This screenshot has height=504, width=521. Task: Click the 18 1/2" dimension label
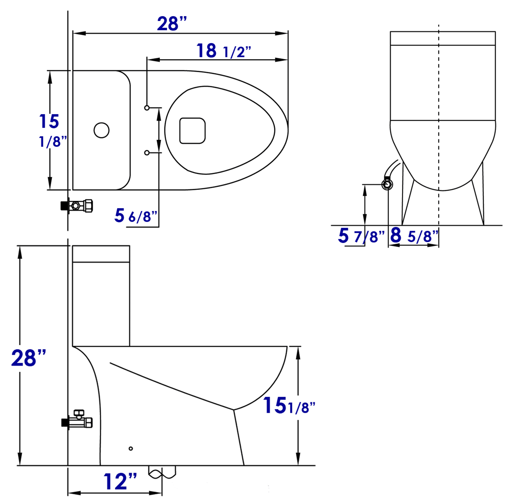[x=223, y=51]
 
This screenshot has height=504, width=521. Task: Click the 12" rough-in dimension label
[x=120, y=482]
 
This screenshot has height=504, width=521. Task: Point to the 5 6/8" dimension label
[x=136, y=216]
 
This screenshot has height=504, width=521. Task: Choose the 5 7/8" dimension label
[x=361, y=236]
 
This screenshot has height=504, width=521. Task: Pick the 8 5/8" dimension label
[x=414, y=235]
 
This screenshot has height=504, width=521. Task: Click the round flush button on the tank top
[x=102, y=130]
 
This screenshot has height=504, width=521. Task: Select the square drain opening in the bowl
[x=192, y=131]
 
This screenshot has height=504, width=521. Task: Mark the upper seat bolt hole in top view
[x=147, y=108]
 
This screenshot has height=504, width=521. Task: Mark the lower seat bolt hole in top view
[x=147, y=153]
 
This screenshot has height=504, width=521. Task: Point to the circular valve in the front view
[x=387, y=185]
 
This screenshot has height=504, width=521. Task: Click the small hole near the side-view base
[x=131, y=448]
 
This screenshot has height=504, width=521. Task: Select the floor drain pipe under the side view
[x=162, y=472]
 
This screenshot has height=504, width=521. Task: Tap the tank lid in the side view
[x=101, y=254]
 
